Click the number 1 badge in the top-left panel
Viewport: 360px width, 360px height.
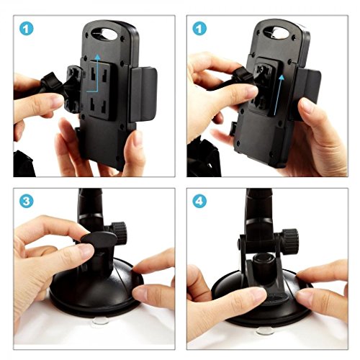pos(27,29)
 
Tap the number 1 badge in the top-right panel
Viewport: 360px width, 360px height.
pos(199,29)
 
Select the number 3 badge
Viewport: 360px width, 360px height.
pos(27,201)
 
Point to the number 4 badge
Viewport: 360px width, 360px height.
pos(199,201)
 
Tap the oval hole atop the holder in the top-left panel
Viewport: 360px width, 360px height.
pos(104,33)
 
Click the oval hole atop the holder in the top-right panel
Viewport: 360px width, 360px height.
pos(276,32)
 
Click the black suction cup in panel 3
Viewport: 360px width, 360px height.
pos(96,288)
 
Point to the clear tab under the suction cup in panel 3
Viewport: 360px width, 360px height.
pos(101,321)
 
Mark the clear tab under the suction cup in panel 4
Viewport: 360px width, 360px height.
pos(265,331)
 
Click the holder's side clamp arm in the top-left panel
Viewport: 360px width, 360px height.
pos(143,95)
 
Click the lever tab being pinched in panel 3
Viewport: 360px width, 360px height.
pos(99,240)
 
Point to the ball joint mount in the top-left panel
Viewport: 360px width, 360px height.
pos(73,89)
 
